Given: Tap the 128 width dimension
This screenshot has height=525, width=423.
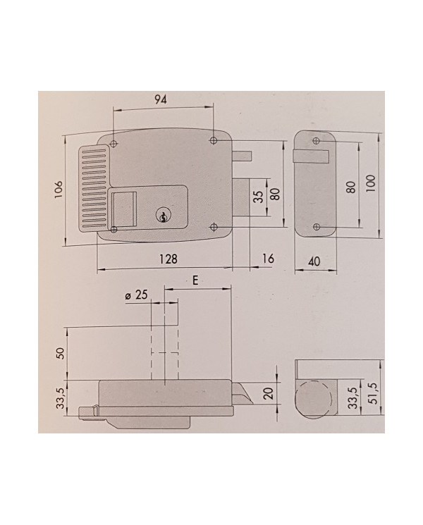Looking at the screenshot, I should coord(167,259).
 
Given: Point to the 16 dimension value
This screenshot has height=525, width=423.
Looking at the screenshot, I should coord(267,259).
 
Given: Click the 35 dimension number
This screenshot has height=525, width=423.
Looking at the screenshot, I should coord(258,197).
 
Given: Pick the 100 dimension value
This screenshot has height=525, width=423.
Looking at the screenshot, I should coord(372,182).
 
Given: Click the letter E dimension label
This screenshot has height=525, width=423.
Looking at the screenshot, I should coord(196,280).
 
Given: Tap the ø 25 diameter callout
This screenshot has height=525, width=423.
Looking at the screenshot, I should coord(135,297).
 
